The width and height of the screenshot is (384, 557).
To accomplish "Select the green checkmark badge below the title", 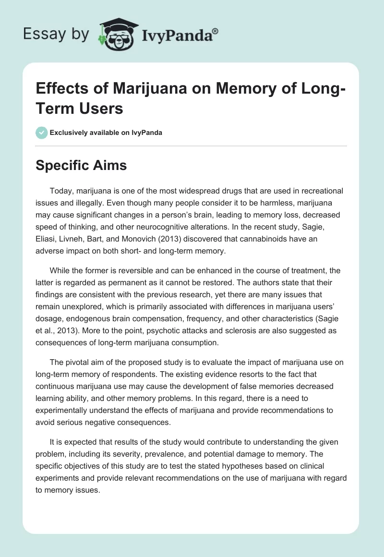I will pyautogui.click(x=42, y=133).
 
